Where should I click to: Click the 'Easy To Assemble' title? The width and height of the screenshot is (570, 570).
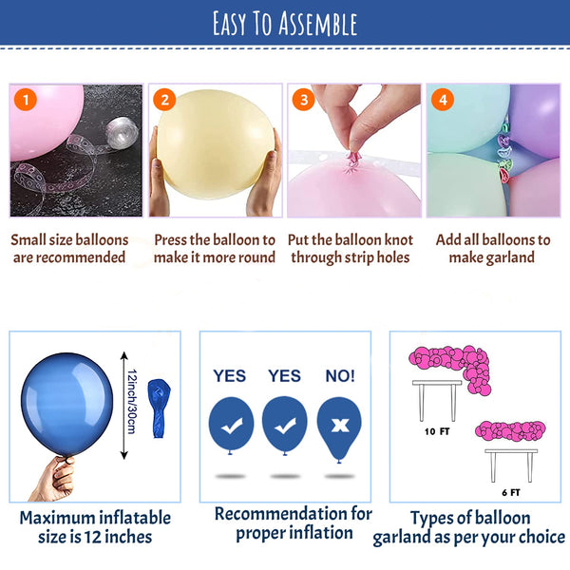coord(285,23)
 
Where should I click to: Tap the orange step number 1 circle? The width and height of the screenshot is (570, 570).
coord(25,99)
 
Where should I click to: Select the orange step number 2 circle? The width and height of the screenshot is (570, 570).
coord(164,99)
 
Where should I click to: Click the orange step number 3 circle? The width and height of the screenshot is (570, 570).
coord(302,99)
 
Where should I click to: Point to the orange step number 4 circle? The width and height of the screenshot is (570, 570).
coord(442,99)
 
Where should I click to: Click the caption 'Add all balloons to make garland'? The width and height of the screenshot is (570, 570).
coord(492,249)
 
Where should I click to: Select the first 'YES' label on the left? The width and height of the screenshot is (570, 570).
coord(231,376)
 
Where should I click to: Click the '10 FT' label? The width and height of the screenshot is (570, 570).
coord(435,429)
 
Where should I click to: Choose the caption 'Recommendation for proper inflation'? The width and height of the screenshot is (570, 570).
coord(293,522)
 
